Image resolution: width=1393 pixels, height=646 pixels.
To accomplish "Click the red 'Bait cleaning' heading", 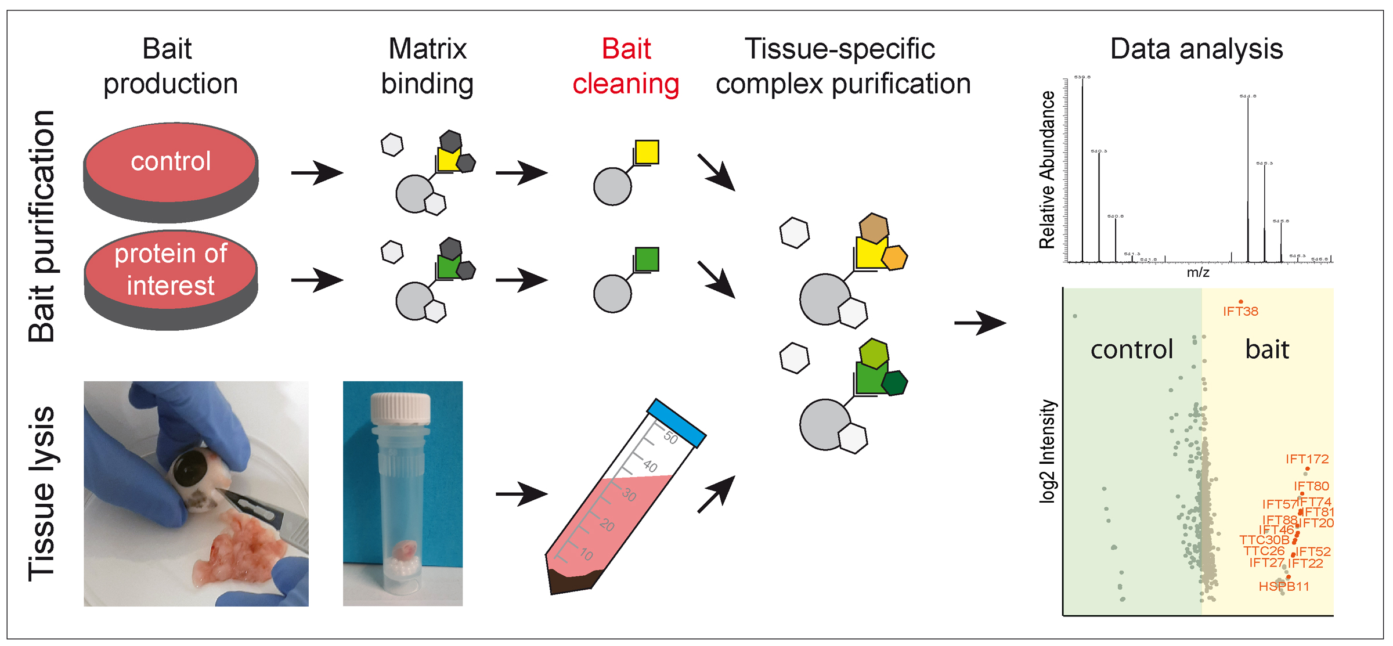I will (626, 66).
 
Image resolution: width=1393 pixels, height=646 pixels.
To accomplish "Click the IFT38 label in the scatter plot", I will (1240, 312).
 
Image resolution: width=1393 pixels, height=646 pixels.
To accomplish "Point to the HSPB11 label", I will (1284, 587).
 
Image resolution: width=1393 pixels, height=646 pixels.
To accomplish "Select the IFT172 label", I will (1307, 459).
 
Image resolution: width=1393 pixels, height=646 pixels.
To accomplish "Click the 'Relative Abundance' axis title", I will (1047, 169).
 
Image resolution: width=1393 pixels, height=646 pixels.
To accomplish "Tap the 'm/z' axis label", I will (1197, 272).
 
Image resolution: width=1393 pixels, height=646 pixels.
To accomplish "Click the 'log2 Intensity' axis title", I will (1047, 451).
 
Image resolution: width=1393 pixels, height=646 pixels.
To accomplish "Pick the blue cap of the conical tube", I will (676, 423).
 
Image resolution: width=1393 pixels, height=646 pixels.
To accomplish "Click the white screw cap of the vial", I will (401, 407).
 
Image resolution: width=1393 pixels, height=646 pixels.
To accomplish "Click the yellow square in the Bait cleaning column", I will (647, 152).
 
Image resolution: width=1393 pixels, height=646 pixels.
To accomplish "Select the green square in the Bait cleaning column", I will (647, 259).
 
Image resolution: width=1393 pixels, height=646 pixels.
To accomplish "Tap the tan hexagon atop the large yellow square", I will (874, 228).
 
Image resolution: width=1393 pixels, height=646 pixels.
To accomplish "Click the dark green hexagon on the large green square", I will (894, 383).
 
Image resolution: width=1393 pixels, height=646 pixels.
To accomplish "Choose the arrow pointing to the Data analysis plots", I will (980, 323).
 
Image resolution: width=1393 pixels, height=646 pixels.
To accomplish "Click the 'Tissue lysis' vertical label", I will (42, 493).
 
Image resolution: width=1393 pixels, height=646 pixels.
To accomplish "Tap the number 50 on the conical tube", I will (670, 438).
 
